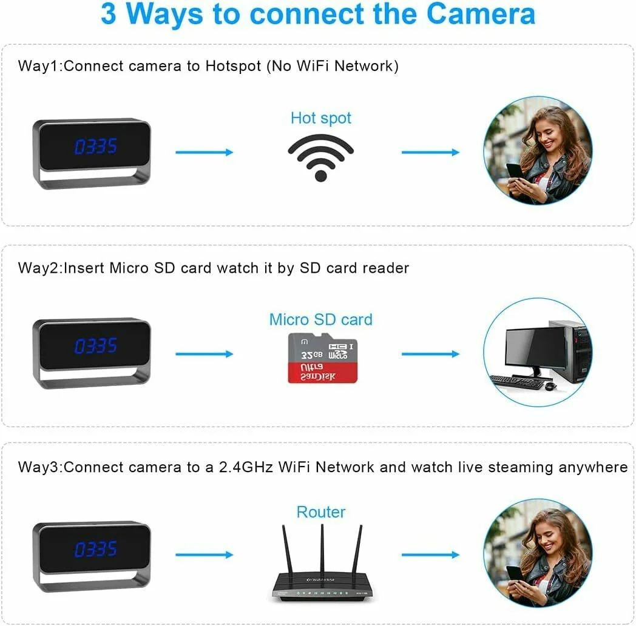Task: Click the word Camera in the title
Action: click(481, 14)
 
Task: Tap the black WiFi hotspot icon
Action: click(321, 158)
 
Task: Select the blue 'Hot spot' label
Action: click(321, 118)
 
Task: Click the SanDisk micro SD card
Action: click(322, 358)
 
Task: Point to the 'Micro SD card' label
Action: click(321, 319)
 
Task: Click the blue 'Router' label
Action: click(321, 512)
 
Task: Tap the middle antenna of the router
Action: click(322, 547)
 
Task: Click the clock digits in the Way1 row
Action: click(96, 146)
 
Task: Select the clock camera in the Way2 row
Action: click(92, 353)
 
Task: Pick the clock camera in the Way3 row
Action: click(92, 556)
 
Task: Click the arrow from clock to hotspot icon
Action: click(205, 152)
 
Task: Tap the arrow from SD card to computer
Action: click(430, 354)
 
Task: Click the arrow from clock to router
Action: click(205, 554)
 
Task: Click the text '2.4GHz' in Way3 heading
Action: click(246, 467)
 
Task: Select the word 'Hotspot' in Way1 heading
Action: click(233, 66)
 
